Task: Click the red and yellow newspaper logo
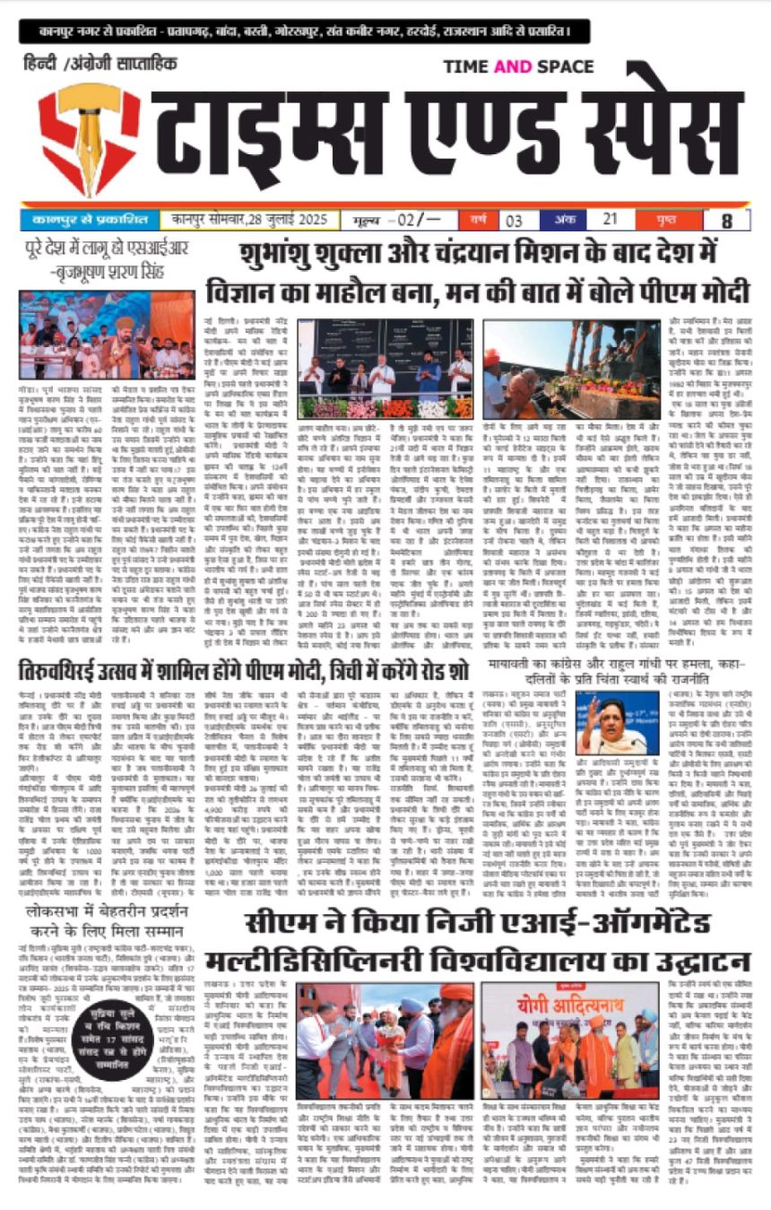pyautogui.click(x=90, y=136)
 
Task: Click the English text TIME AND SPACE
pyautogui.click(x=517, y=66)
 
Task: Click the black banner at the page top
pyautogui.click(x=306, y=31)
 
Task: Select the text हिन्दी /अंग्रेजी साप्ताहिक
pyautogui.click(x=101, y=65)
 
